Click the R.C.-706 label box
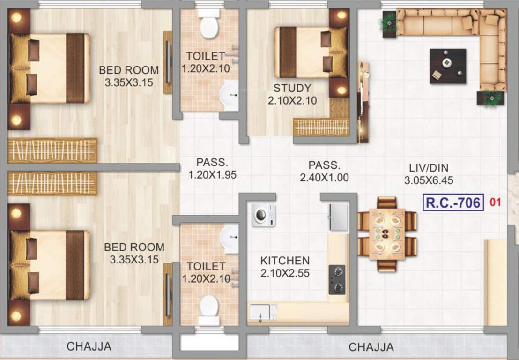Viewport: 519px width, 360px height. pos(453,202)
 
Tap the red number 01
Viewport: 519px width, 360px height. pos(496,202)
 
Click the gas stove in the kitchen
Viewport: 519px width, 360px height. pos(337,279)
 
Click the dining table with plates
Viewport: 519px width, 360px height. pos(387,234)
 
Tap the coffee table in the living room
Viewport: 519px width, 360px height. pos(448,66)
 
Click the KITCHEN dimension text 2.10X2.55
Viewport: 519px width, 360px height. pos(285,273)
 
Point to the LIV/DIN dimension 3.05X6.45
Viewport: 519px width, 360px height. pos(429,180)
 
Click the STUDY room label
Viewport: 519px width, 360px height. pos(292,88)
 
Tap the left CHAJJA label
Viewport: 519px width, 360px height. pos(89,347)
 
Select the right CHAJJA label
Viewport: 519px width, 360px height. pos(371,347)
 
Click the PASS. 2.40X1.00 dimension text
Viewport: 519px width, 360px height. pos(324,178)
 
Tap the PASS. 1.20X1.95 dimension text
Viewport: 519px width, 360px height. pos(212,175)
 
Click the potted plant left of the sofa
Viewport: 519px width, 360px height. pos(389,22)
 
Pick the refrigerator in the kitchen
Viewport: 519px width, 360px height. pos(339,217)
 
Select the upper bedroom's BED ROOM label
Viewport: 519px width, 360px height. pos(129,70)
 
